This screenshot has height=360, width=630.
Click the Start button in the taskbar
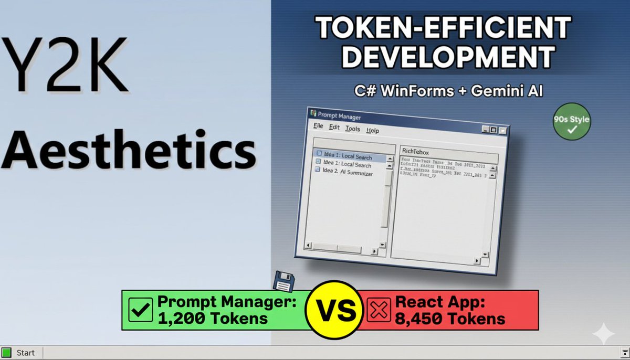click(x=20, y=353)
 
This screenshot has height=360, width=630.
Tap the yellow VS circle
click(x=331, y=310)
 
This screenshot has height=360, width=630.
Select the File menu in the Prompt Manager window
click(x=318, y=126)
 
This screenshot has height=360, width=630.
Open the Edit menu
click(x=334, y=128)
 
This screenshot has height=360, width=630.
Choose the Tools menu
click(x=353, y=129)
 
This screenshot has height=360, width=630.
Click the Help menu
click(x=372, y=131)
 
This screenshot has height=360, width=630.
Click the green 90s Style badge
click(x=572, y=123)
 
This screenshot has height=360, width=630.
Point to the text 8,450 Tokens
click(x=450, y=318)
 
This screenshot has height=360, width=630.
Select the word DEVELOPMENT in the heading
click(x=448, y=56)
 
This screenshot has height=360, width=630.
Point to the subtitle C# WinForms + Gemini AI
click(x=448, y=91)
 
